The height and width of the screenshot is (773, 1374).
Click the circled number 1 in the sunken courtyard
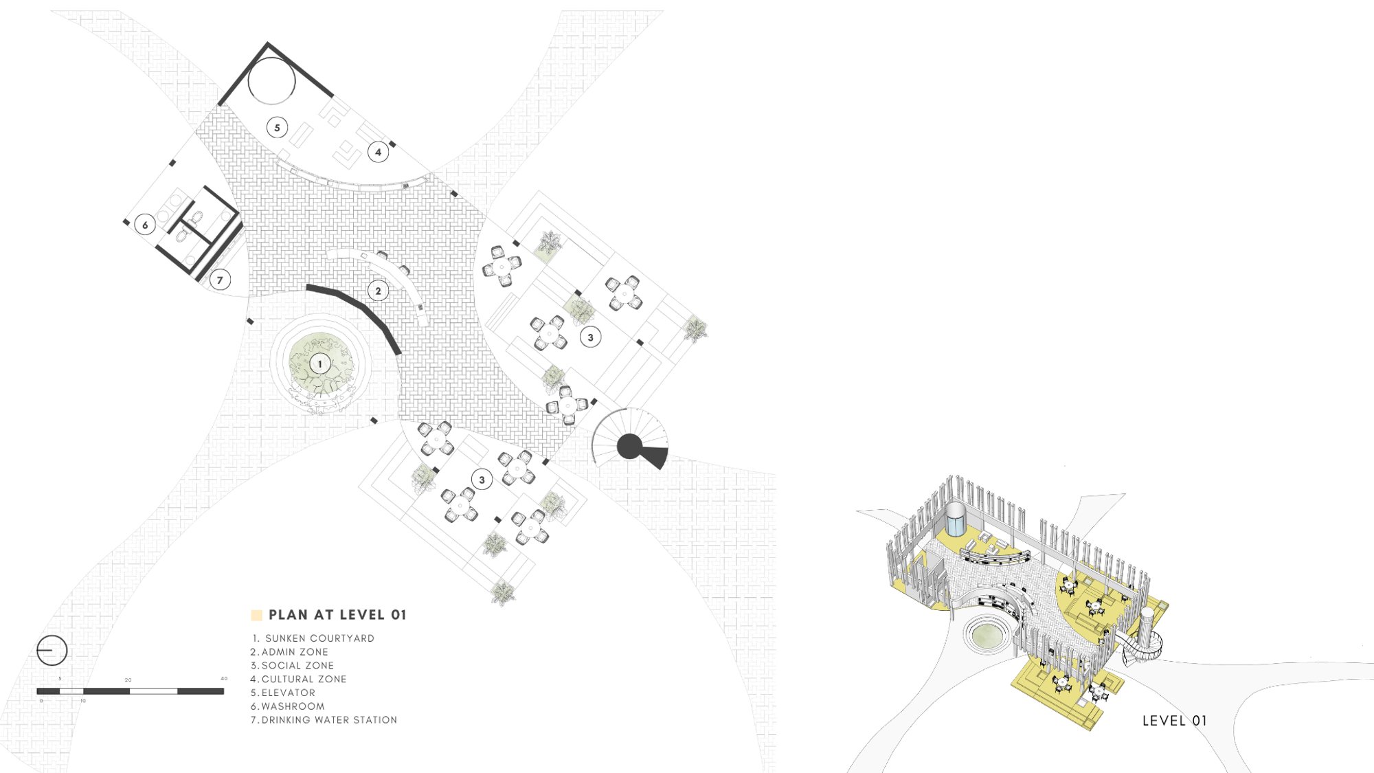pyautogui.click(x=319, y=364)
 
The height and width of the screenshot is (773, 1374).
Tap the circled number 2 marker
pyautogui.click(x=378, y=291)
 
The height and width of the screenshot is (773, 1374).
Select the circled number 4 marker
pyautogui.click(x=378, y=152)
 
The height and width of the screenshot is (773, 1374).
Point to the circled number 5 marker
pyautogui.click(x=277, y=127)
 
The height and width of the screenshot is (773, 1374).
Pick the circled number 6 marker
pyautogui.click(x=145, y=225)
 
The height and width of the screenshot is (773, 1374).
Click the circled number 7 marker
pyautogui.click(x=220, y=280)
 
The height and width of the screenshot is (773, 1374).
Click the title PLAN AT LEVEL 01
pyautogui.click(x=337, y=615)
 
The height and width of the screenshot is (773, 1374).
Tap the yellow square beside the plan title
pyautogui.click(x=257, y=615)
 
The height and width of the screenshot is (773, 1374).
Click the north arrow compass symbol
pyautogui.click(x=52, y=650)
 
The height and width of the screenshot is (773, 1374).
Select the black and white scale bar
pyautogui.click(x=131, y=691)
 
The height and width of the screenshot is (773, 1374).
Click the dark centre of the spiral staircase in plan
pyautogui.click(x=629, y=447)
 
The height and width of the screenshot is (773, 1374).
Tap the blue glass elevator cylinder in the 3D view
pyautogui.click(x=956, y=519)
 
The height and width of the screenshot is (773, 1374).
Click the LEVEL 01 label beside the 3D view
pyautogui.click(x=1174, y=721)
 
